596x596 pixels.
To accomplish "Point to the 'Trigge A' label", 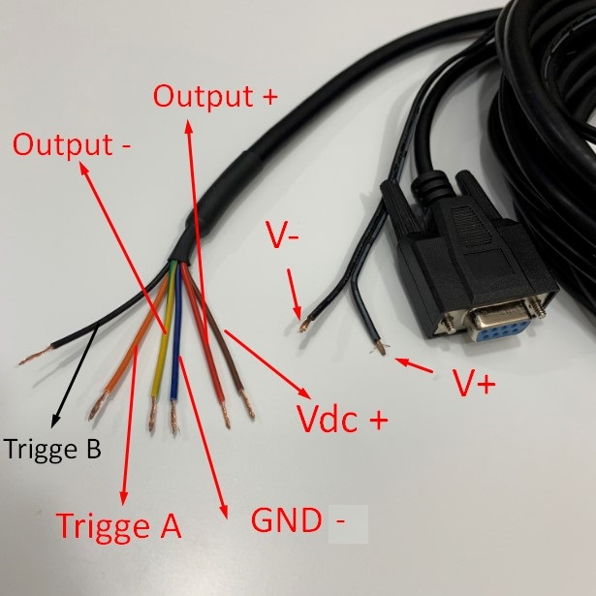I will pos(119,525).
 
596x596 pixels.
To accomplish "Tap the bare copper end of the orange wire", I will pos(97,408).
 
